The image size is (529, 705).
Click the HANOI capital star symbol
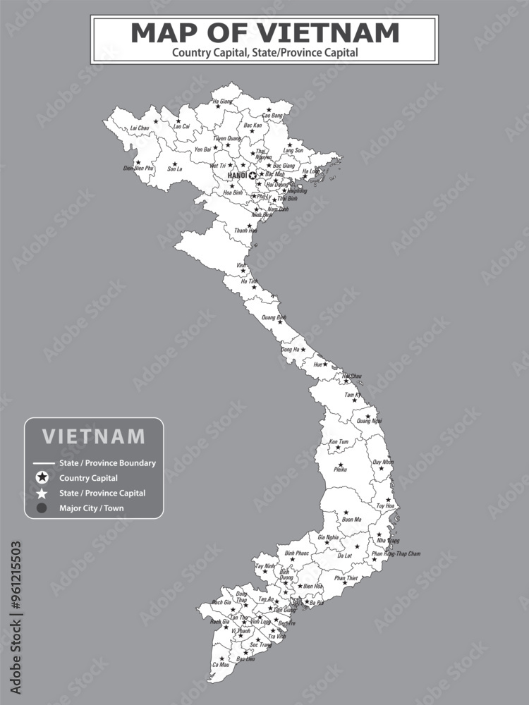[253, 175]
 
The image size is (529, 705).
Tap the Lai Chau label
[140, 128]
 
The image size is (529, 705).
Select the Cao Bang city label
[272, 115]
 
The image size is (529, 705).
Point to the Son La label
[174, 169]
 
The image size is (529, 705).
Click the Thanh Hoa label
[245, 231]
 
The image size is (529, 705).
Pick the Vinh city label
[241, 265]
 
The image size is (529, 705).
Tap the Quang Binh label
[274, 318]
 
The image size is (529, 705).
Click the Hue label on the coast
[318, 364]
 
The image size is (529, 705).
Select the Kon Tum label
[339, 442]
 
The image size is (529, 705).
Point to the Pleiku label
[340, 470]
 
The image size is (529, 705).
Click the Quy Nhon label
[383, 462]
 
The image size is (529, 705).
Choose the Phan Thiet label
[346, 578]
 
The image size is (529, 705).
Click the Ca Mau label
[220, 665]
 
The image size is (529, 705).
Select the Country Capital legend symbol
[42, 478]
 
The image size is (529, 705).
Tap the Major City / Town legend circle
[42, 508]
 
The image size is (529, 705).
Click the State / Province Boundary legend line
[44, 463]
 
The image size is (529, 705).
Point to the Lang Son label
[293, 150]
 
